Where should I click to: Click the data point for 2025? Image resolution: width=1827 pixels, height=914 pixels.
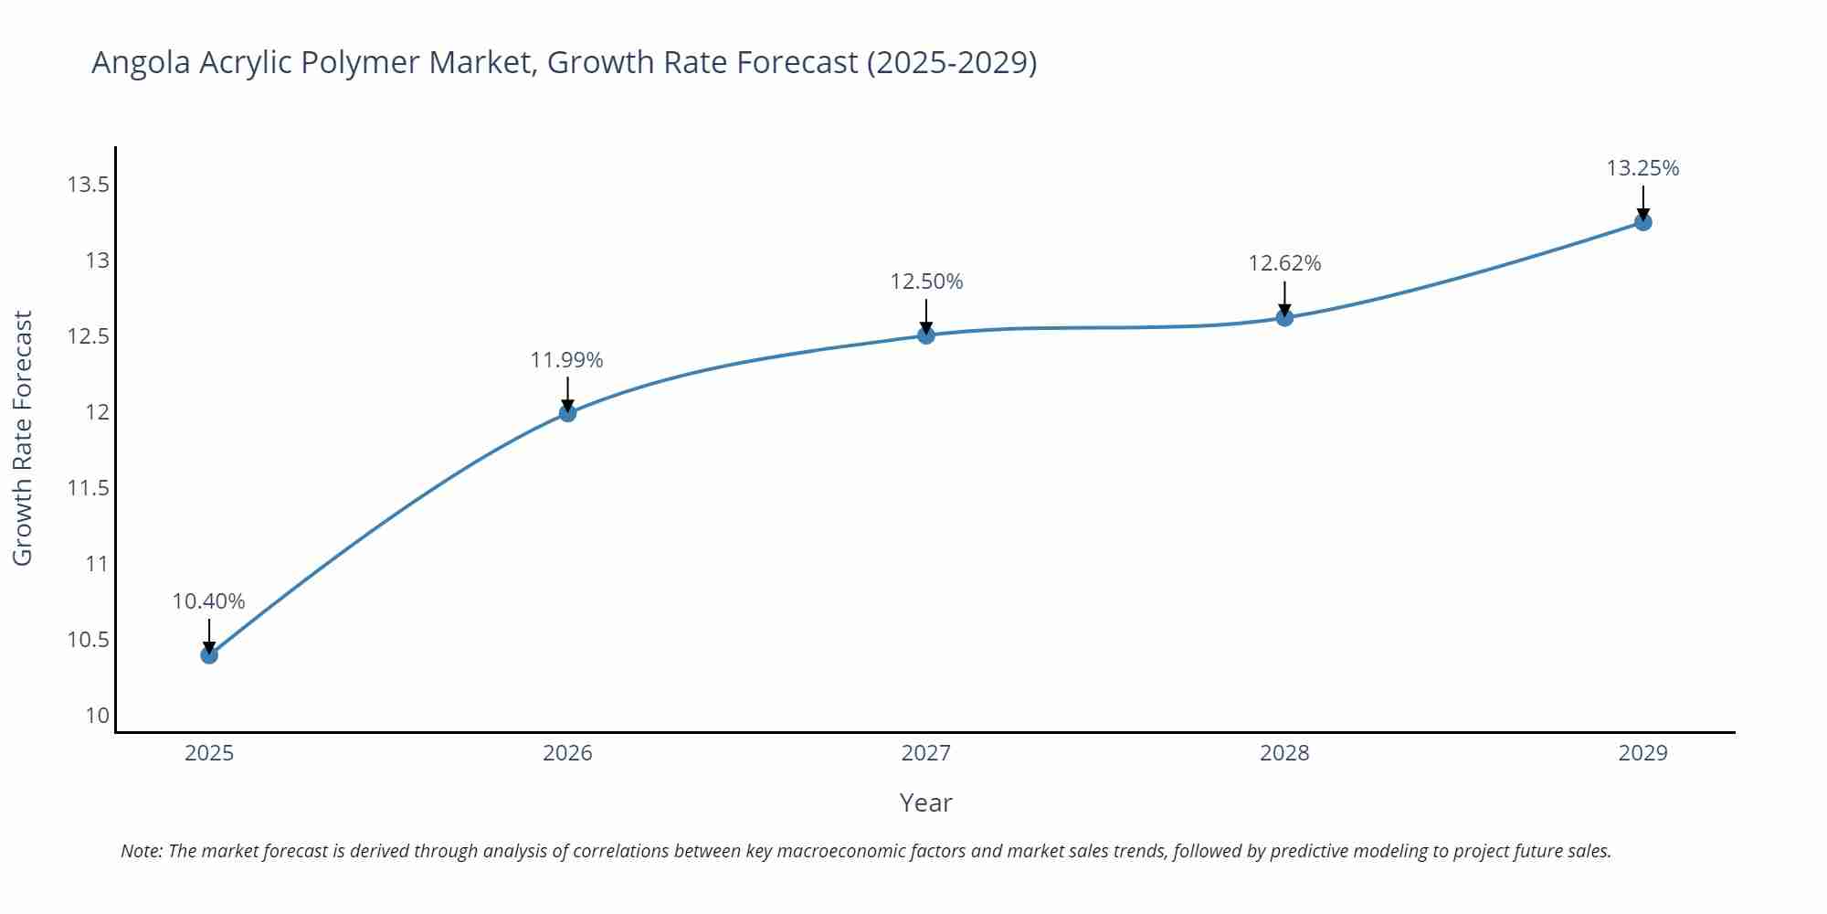pyautogui.click(x=209, y=654)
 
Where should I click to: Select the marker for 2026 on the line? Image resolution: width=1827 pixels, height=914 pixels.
pyautogui.click(x=567, y=413)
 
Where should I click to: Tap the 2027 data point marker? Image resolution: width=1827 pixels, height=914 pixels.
pyautogui.click(x=926, y=335)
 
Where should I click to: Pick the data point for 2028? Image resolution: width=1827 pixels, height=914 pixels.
pyautogui.click(x=1284, y=317)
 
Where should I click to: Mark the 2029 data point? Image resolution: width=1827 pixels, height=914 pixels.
pyautogui.click(x=1642, y=222)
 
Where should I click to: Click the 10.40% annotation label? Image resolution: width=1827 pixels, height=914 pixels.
pyautogui.click(x=208, y=601)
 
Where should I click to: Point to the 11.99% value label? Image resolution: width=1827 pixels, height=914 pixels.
pyautogui.click(x=566, y=360)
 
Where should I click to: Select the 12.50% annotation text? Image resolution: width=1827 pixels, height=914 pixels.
pyautogui.click(x=926, y=282)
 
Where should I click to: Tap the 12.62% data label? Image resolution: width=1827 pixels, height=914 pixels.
pyautogui.click(x=1284, y=263)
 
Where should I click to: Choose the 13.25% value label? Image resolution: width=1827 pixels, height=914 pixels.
pyautogui.click(x=1642, y=168)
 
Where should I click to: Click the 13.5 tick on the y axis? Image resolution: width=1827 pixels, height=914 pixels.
pyautogui.click(x=88, y=186)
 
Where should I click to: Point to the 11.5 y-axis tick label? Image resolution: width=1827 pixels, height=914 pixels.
pyautogui.click(x=88, y=488)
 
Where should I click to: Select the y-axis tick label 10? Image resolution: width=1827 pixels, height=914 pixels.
pyautogui.click(x=97, y=716)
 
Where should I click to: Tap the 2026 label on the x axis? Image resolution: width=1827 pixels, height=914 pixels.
pyautogui.click(x=567, y=753)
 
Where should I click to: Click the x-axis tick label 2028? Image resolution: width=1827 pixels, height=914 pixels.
pyautogui.click(x=1284, y=753)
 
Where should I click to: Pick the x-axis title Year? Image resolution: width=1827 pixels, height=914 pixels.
pyautogui.click(x=925, y=802)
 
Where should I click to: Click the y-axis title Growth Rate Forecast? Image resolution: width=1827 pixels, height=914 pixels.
pyautogui.click(x=23, y=438)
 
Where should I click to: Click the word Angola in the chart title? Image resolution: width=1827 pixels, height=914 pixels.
pyautogui.click(x=141, y=63)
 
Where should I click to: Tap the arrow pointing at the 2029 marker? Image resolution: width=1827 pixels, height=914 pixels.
pyautogui.click(x=1642, y=202)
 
